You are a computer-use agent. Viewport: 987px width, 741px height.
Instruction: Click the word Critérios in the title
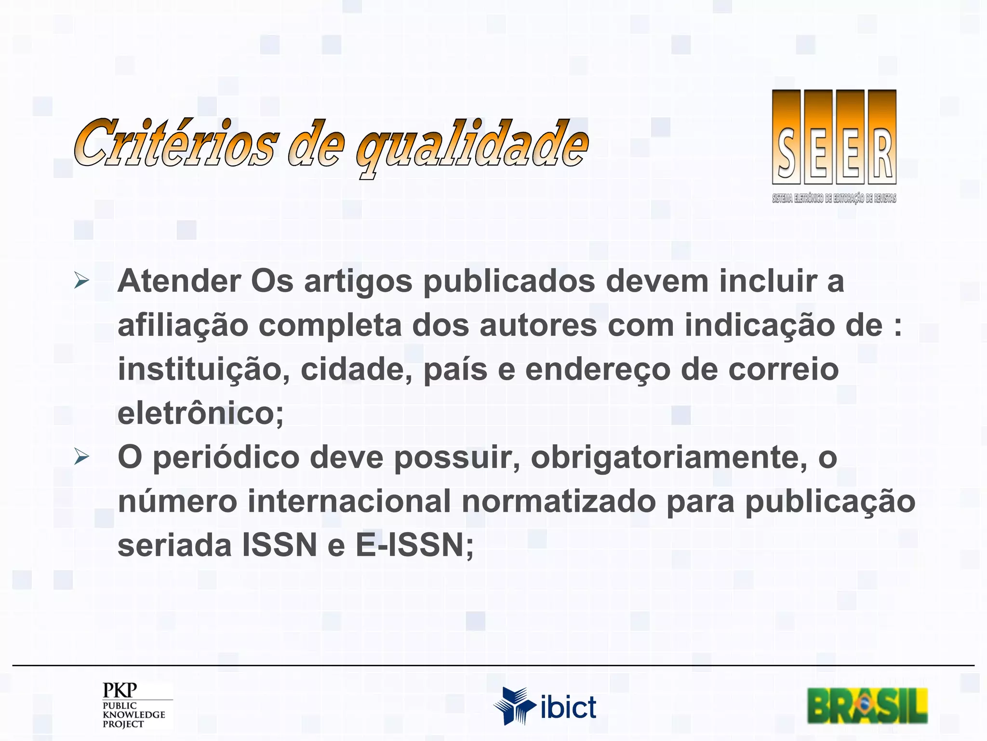pos(176,143)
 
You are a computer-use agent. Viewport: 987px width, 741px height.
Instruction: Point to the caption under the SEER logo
pos(834,198)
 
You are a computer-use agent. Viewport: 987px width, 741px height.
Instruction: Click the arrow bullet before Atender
pos(81,280)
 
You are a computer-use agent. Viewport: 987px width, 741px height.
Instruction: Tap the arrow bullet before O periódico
pos(81,456)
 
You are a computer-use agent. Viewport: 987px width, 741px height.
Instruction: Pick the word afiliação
pos(183,326)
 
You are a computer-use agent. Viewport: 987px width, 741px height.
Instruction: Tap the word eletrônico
pos(200,413)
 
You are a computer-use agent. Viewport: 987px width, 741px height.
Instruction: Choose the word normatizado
pos(559,501)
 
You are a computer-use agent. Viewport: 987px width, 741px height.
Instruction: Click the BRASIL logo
pos(867,706)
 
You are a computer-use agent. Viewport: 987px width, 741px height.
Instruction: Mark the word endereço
pos(598,370)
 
